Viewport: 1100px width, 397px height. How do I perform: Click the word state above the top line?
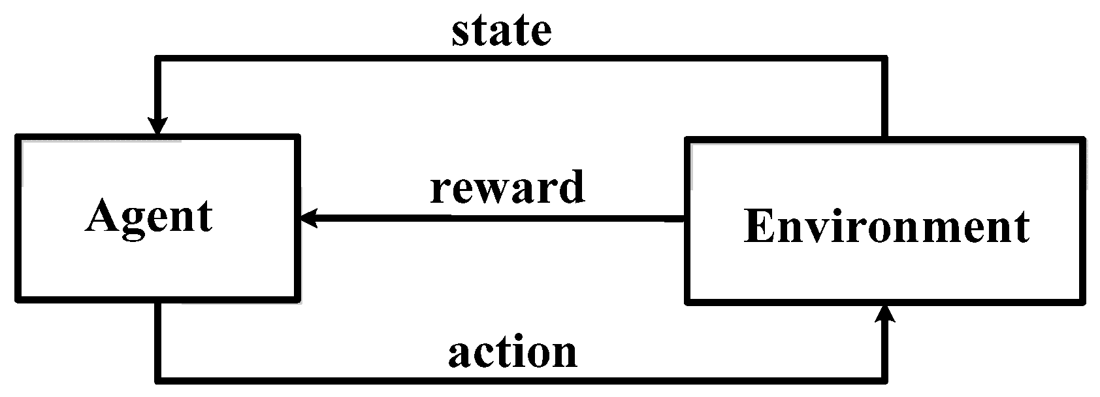tap(501, 31)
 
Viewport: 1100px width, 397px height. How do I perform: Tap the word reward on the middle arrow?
tap(507, 188)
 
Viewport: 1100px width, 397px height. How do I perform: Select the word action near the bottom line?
tap(513, 353)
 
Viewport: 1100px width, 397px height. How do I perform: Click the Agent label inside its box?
tap(149, 216)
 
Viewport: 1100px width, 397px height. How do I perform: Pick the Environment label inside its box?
tap(886, 227)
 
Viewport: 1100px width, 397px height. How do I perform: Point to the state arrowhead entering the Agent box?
tap(157, 126)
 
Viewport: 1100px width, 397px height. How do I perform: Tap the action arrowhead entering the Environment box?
tap(886, 314)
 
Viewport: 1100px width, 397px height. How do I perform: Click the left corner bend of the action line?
tap(157, 378)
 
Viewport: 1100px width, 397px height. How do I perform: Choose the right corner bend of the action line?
tap(886, 378)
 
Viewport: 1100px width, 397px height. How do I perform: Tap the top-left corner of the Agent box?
tap(18, 137)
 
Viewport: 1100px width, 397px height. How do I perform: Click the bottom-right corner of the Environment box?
tap(1082, 302)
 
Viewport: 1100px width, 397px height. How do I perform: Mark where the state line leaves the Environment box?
tap(885, 138)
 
